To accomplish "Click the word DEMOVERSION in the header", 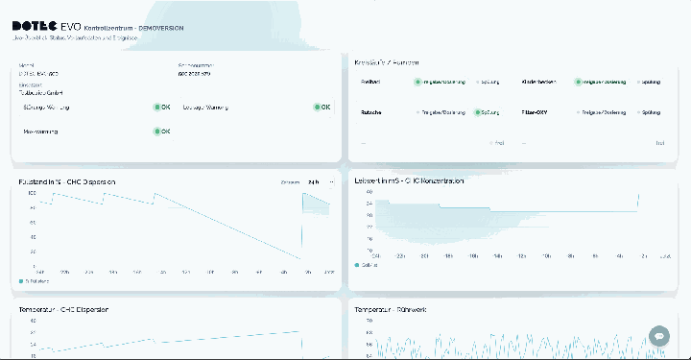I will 160,29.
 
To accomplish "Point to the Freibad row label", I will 369,83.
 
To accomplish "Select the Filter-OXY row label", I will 536,112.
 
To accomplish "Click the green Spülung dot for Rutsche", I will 477,112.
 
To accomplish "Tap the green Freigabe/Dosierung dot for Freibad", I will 417,83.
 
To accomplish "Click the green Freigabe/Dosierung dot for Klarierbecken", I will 578,83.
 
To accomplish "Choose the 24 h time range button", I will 314,180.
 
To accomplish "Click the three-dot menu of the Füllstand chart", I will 332,180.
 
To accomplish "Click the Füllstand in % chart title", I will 67,180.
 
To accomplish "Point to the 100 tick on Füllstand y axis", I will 31,193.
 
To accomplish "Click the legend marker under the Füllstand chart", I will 21,280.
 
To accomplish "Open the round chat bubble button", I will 658,335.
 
